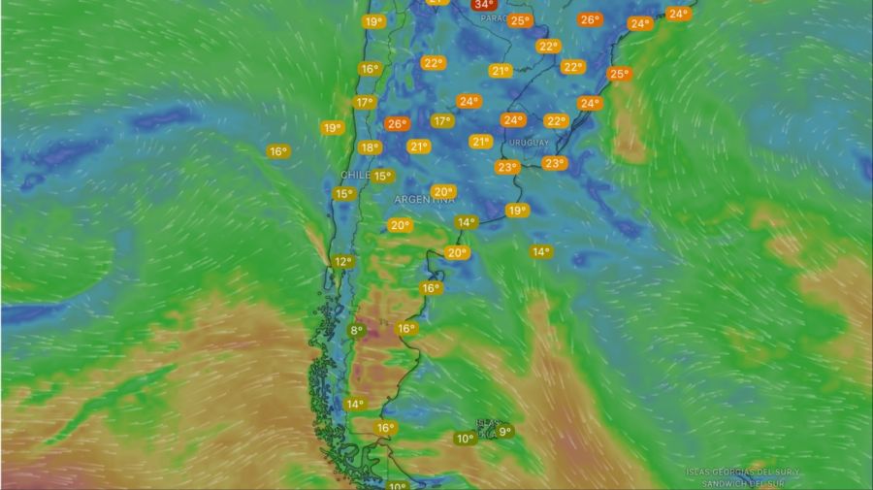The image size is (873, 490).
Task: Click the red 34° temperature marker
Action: [x=483, y=4]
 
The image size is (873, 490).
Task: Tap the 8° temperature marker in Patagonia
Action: [x=356, y=331]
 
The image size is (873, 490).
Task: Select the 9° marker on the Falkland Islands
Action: [x=503, y=431]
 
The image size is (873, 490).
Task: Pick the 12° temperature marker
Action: [x=342, y=262]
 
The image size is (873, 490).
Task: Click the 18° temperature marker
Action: [x=369, y=147]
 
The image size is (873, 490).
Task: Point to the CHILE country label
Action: [x=355, y=175]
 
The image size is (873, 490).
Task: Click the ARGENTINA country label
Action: [x=424, y=199]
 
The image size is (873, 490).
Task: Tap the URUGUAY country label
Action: [x=529, y=142]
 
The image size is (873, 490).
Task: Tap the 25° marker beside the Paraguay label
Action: [x=520, y=20]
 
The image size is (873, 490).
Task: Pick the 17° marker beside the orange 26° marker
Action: [x=442, y=121]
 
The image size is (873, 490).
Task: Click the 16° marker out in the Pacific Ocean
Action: [x=278, y=151]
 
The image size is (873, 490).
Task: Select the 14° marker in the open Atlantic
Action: [x=540, y=251]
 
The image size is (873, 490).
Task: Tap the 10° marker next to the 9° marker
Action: [x=465, y=439]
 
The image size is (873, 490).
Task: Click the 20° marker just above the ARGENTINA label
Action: [x=443, y=191]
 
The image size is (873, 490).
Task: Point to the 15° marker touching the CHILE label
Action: [x=382, y=177]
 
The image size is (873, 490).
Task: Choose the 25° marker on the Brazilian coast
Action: [x=618, y=74]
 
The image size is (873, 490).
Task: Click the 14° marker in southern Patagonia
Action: [x=355, y=404]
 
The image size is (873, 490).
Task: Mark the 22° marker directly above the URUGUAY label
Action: [x=555, y=121]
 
